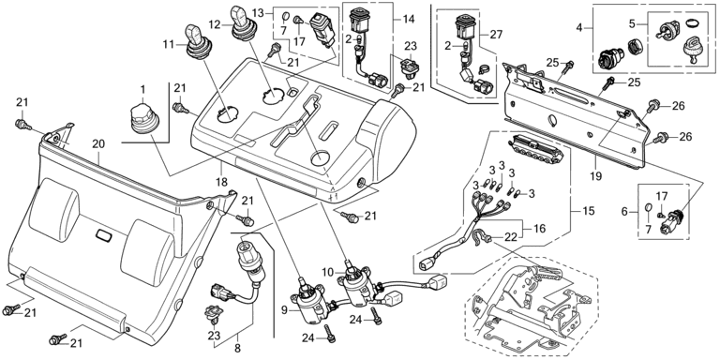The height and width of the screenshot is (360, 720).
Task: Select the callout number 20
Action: click(x=98, y=144)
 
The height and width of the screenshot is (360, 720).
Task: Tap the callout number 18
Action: click(x=222, y=182)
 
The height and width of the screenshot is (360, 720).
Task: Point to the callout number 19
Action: click(x=596, y=176)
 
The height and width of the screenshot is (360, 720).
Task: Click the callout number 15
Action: click(x=589, y=211)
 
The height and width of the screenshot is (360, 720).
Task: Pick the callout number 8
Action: click(x=237, y=349)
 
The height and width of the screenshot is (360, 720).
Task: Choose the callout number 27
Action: click(x=496, y=35)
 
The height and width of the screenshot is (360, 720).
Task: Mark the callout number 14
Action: click(x=408, y=20)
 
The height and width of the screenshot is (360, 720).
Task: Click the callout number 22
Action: click(x=511, y=237)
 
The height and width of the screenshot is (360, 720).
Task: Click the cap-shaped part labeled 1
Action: click(x=142, y=120)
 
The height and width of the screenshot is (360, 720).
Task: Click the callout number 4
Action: click(x=579, y=28)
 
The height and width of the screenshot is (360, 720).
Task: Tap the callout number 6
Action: click(x=624, y=212)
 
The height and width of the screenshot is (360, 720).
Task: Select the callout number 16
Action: click(x=540, y=228)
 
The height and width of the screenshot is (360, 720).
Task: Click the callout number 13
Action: click(x=259, y=12)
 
